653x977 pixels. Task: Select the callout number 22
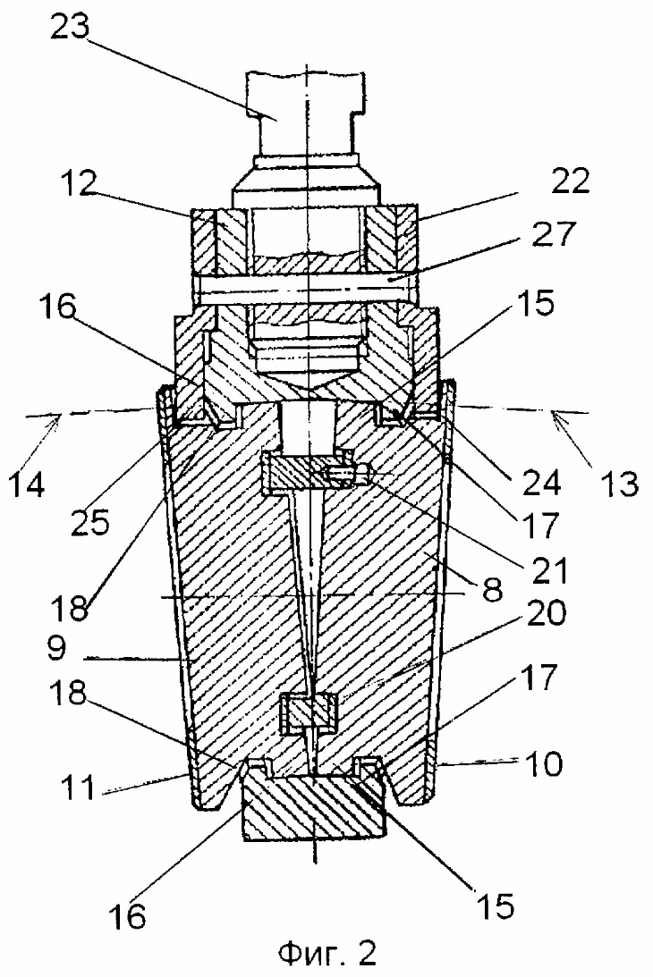tap(571, 181)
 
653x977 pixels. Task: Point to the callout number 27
tap(554, 235)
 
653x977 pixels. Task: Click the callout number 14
tap(26, 484)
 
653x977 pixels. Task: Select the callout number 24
tap(541, 483)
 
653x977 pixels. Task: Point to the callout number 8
tap(492, 588)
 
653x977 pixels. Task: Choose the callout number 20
tap(546, 613)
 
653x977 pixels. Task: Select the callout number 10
tap(545, 763)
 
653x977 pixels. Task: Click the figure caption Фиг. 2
tap(326, 952)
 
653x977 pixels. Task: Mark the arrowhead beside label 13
tap(557, 417)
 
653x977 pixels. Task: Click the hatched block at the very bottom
tap(314, 807)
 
